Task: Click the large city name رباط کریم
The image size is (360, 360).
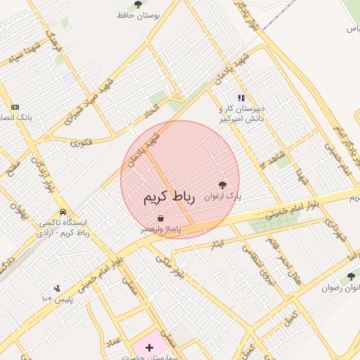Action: (x=168, y=196)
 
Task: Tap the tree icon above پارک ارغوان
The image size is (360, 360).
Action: (x=224, y=184)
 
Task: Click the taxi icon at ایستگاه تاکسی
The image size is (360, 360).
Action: (x=63, y=211)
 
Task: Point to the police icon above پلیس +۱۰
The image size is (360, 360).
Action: (x=57, y=288)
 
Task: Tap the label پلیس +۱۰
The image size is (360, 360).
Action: (x=58, y=300)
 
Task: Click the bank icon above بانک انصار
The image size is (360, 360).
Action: (x=15, y=107)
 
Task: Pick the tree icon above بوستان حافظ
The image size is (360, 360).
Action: (x=137, y=4)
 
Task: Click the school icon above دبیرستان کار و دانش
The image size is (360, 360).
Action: (x=241, y=98)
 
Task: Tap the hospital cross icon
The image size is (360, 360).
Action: (x=149, y=347)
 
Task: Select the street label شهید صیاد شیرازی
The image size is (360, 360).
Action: (x=88, y=101)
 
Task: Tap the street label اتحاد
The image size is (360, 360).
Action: (x=152, y=112)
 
